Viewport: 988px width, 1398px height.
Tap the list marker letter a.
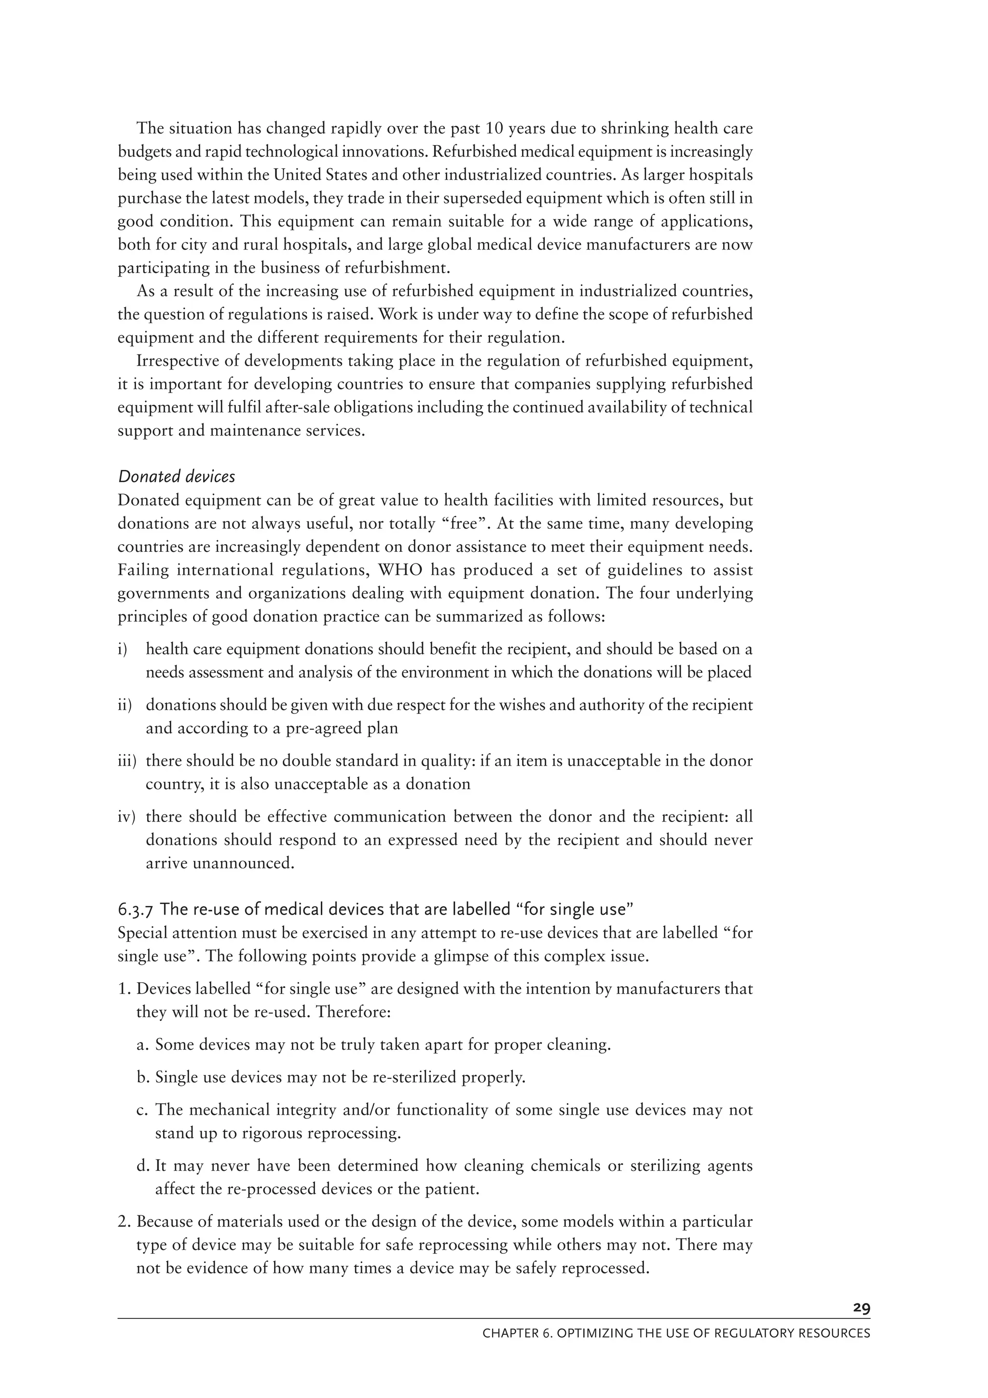click(143, 1045)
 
